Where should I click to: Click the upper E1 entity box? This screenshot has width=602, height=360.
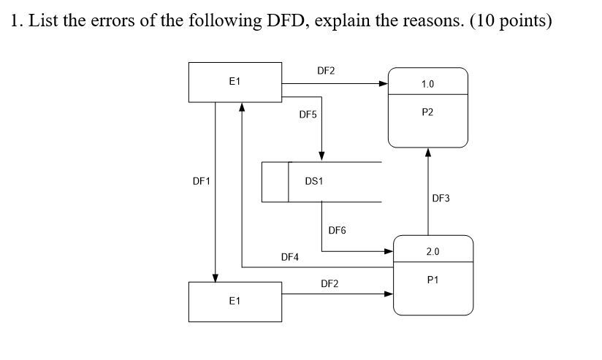click(235, 82)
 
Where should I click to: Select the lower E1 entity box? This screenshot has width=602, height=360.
click(235, 302)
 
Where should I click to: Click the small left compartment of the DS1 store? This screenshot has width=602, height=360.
click(275, 181)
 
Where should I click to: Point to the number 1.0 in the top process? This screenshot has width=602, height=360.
click(428, 84)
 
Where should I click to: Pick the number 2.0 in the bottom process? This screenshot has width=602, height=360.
click(433, 252)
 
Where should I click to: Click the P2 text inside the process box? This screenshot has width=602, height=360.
click(428, 112)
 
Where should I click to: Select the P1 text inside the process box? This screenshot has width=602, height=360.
click(432, 280)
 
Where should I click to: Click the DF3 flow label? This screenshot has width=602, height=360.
click(441, 198)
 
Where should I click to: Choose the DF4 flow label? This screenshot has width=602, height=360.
click(289, 257)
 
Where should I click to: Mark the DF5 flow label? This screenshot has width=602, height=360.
click(308, 115)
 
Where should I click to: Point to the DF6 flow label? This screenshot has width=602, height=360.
click(337, 231)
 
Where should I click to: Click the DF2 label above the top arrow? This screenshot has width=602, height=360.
click(326, 71)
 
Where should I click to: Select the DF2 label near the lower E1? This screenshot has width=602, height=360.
click(329, 283)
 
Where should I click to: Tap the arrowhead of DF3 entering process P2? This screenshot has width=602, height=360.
click(428, 153)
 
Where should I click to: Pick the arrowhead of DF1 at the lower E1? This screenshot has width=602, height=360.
click(215, 277)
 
